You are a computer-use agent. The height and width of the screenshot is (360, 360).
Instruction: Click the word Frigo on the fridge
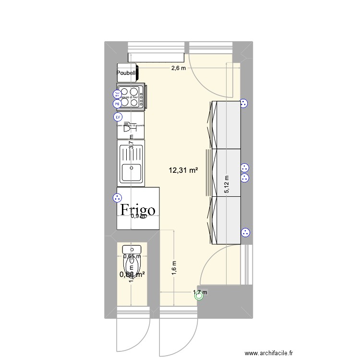coord(137,210)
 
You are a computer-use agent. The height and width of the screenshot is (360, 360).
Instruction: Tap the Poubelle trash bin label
coord(127,73)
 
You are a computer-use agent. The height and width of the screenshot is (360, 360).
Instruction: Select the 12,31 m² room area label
coord(183,169)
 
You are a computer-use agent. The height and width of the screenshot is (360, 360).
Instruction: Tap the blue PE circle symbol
coord(117,104)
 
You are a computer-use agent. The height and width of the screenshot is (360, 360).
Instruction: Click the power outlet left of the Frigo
coord(116,197)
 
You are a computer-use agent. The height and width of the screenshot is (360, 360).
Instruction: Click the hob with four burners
coord(131,96)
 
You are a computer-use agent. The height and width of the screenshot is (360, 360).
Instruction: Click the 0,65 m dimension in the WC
coord(132,256)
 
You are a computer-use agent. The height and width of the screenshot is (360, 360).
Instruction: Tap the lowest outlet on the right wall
coord(245,232)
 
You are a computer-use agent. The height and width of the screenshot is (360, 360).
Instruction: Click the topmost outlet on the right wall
coord(243,103)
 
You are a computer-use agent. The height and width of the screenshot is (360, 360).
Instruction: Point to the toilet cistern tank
coord(131,249)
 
